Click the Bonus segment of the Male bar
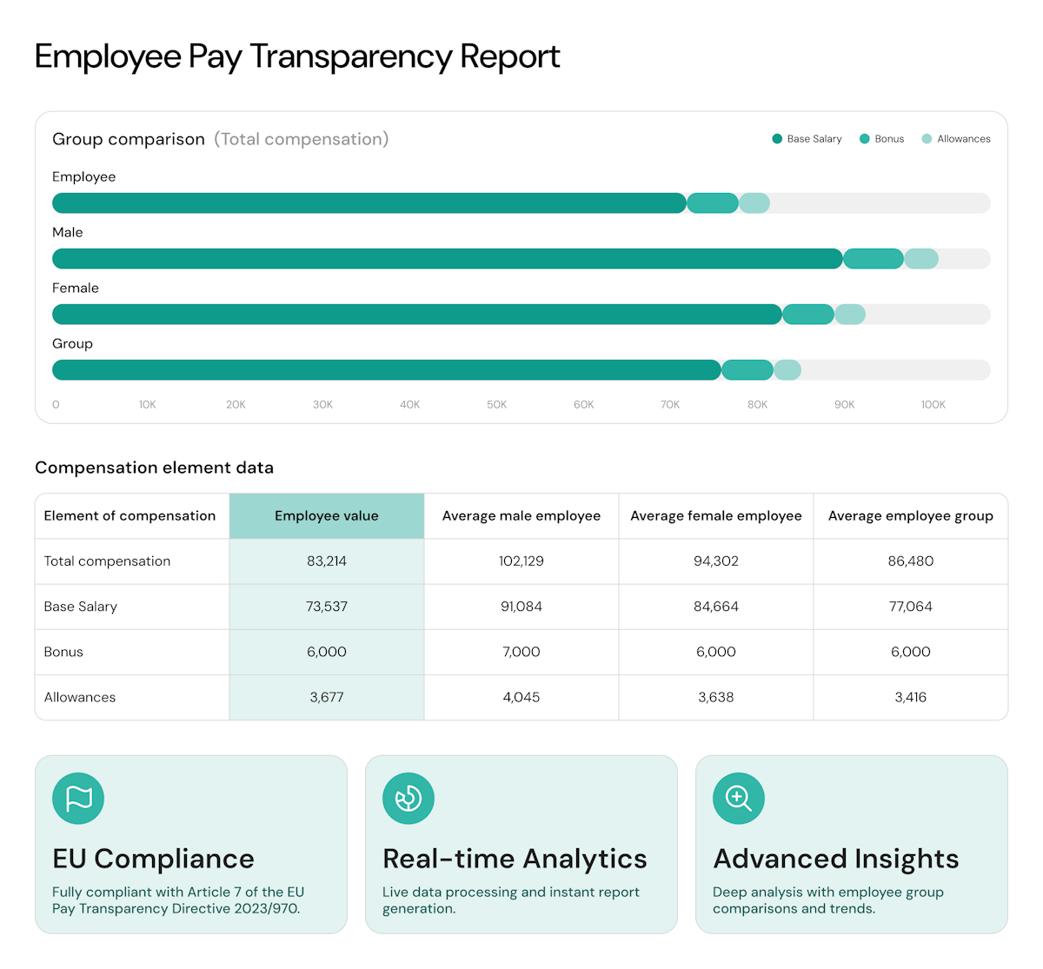pyautogui.click(x=874, y=259)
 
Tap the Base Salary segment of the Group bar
pyautogui.click(x=387, y=370)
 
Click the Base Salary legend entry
pyautogui.click(x=807, y=139)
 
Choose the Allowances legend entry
pyautogui.click(x=956, y=139)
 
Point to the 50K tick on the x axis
pyautogui.click(x=496, y=405)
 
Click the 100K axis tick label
pyautogui.click(x=933, y=405)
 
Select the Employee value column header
pyautogui.click(x=327, y=516)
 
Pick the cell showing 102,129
pyautogui.click(x=521, y=561)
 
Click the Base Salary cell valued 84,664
pyautogui.click(x=716, y=607)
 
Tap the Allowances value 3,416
pyautogui.click(x=911, y=697)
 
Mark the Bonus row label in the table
pyautogui.click(x=63, y=652)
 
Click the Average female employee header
pyautogui.click(x=716, y=516)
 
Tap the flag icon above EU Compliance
pyautogui.click(x=78, y=799)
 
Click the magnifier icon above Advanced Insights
pyautogui.click(x=739, y=799)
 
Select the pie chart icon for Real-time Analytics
pyautogui.click(x=409, y=799)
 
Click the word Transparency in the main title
pyautogui.click(x=351, y=56)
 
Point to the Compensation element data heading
pyautogui.click(x=154, y=468)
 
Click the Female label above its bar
pyautogui.click(x=76, y=289)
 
